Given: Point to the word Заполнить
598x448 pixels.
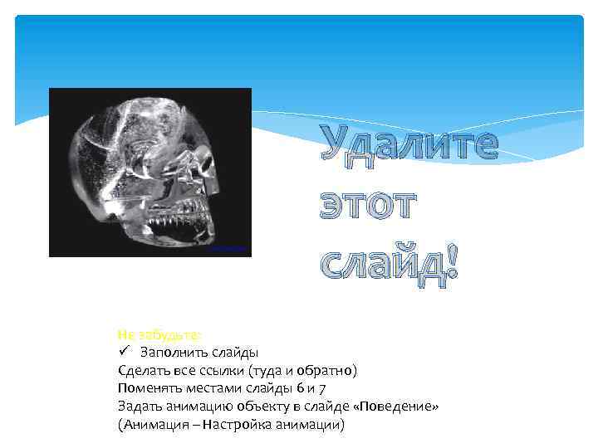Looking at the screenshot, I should pyautogui.click(x=171, y=353).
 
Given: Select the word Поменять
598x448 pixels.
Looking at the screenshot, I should pyautogui.click(x=146, y=388).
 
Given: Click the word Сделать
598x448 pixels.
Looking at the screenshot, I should pyautogui.click(x=143, y=371).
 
